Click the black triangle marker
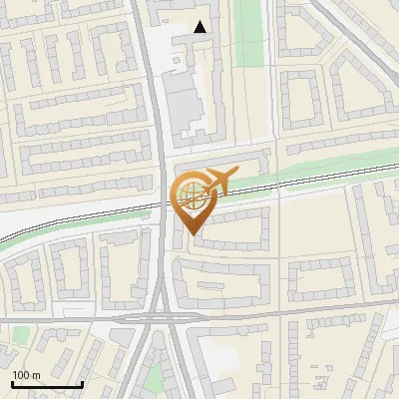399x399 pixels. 201,27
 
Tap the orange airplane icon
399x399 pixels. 218,182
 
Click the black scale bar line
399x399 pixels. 46,385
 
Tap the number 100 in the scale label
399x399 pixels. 20,375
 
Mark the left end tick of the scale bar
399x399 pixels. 12,383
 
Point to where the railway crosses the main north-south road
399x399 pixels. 163,206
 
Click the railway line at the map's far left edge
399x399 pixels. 5,239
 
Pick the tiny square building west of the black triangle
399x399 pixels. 177,41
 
